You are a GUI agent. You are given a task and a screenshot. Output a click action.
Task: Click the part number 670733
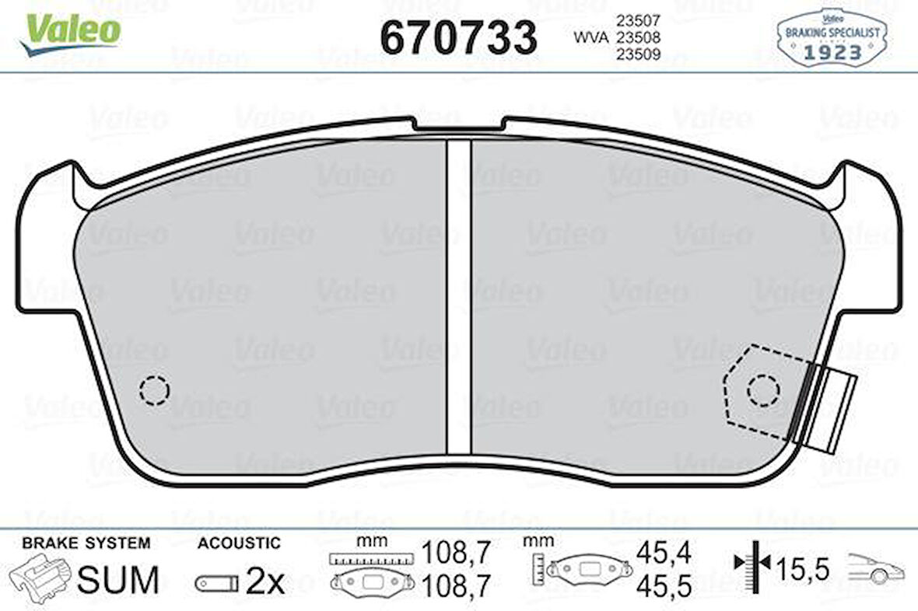(x=458, y=37)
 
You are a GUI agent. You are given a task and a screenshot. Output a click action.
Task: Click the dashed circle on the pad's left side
(x=154, y=390)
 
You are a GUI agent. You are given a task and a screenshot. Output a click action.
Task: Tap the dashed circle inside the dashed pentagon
(x=762, y=389)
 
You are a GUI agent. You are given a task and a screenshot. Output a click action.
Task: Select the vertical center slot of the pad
(x=459, y=295)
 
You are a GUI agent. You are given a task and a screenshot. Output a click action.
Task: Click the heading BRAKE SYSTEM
(x=86, y=543)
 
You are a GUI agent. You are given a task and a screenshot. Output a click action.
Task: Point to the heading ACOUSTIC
(x=239, y=543)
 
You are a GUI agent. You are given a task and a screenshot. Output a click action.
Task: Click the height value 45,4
(x=663, y=553)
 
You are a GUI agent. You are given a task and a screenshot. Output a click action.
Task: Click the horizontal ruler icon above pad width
(x=370, y=558)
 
